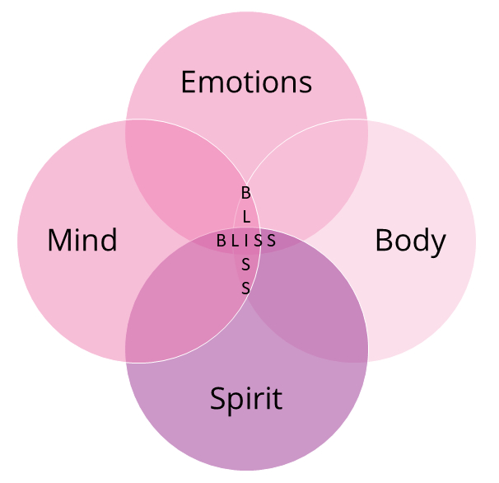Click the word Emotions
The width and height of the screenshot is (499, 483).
pos(246,82)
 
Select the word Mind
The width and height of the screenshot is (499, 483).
pos(82,241)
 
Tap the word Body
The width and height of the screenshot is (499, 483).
pos(410,241)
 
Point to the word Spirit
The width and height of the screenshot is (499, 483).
pos(246,399)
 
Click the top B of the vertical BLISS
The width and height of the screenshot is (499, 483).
pos(245,192)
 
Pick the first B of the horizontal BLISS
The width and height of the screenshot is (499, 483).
pos(221,241)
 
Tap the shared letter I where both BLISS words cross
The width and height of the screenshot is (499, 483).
pos(246,241)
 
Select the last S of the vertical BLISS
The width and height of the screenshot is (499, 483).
pos(245,288)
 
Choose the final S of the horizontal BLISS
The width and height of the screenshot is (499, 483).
pos(271,241)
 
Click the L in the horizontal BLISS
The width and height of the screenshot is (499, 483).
pos(235,241)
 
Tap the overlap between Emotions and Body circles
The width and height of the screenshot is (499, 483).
pos(313,177)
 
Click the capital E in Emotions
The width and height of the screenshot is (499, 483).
pos(189,82)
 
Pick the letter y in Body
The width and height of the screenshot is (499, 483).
pos(438,243)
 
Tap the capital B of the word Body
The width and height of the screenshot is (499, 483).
pos(384,241)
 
